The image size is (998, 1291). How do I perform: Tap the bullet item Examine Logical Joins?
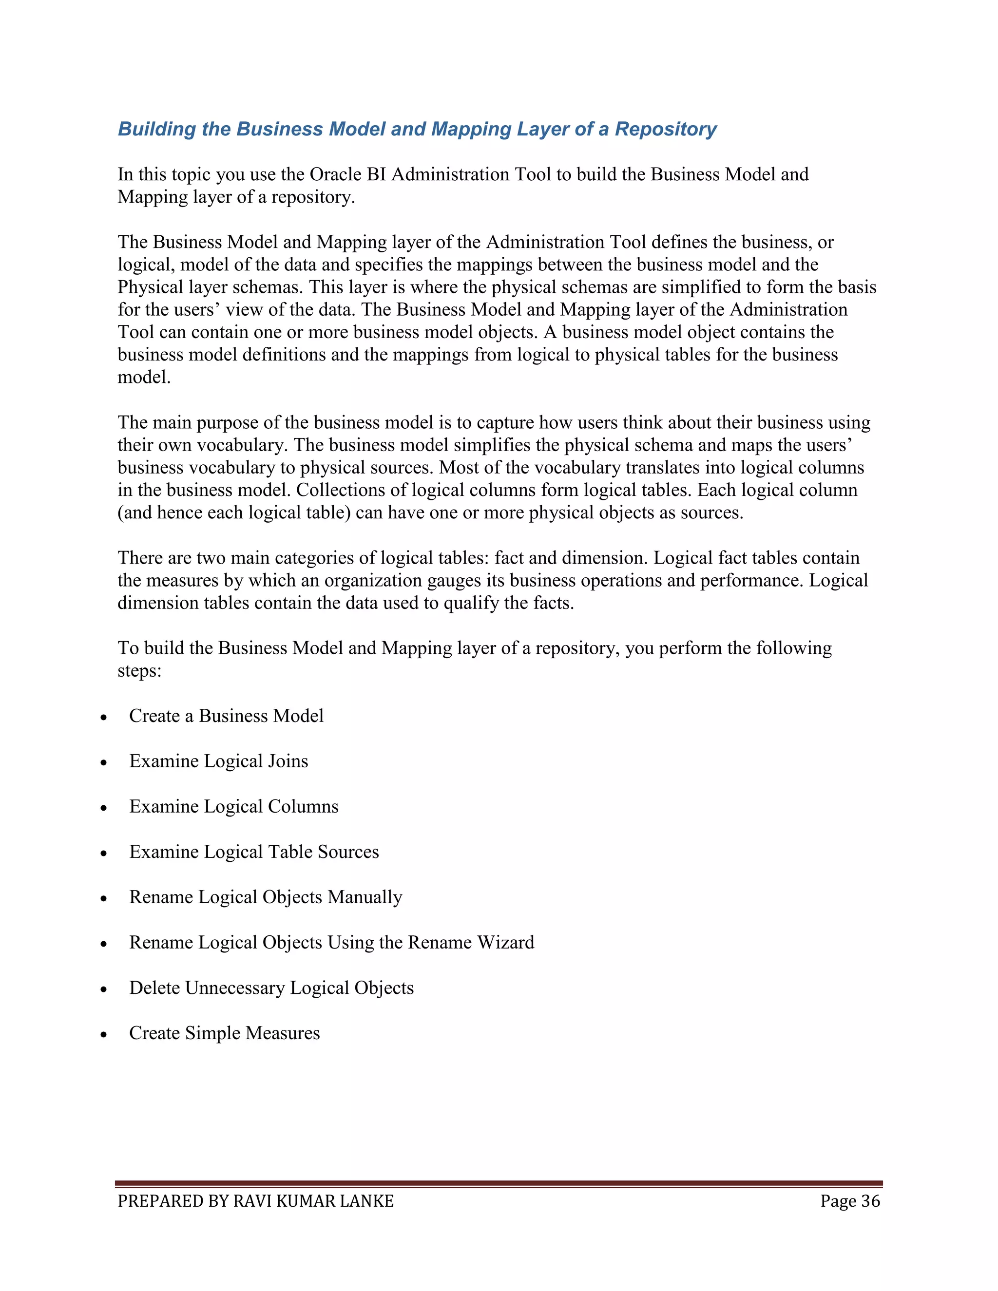coord(218,761)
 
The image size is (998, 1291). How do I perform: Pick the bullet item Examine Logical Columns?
coord(233,806)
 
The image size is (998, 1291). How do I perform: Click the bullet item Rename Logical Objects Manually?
coord(266,897)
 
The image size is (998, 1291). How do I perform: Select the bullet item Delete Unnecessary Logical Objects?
coord(271,988)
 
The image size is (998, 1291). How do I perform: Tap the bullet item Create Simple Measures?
coord(224,1033)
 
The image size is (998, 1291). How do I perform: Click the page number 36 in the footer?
coord(870,1202)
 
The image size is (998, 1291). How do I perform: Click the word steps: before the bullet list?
coord(139,671)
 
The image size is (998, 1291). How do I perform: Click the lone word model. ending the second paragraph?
coord(144,378)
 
